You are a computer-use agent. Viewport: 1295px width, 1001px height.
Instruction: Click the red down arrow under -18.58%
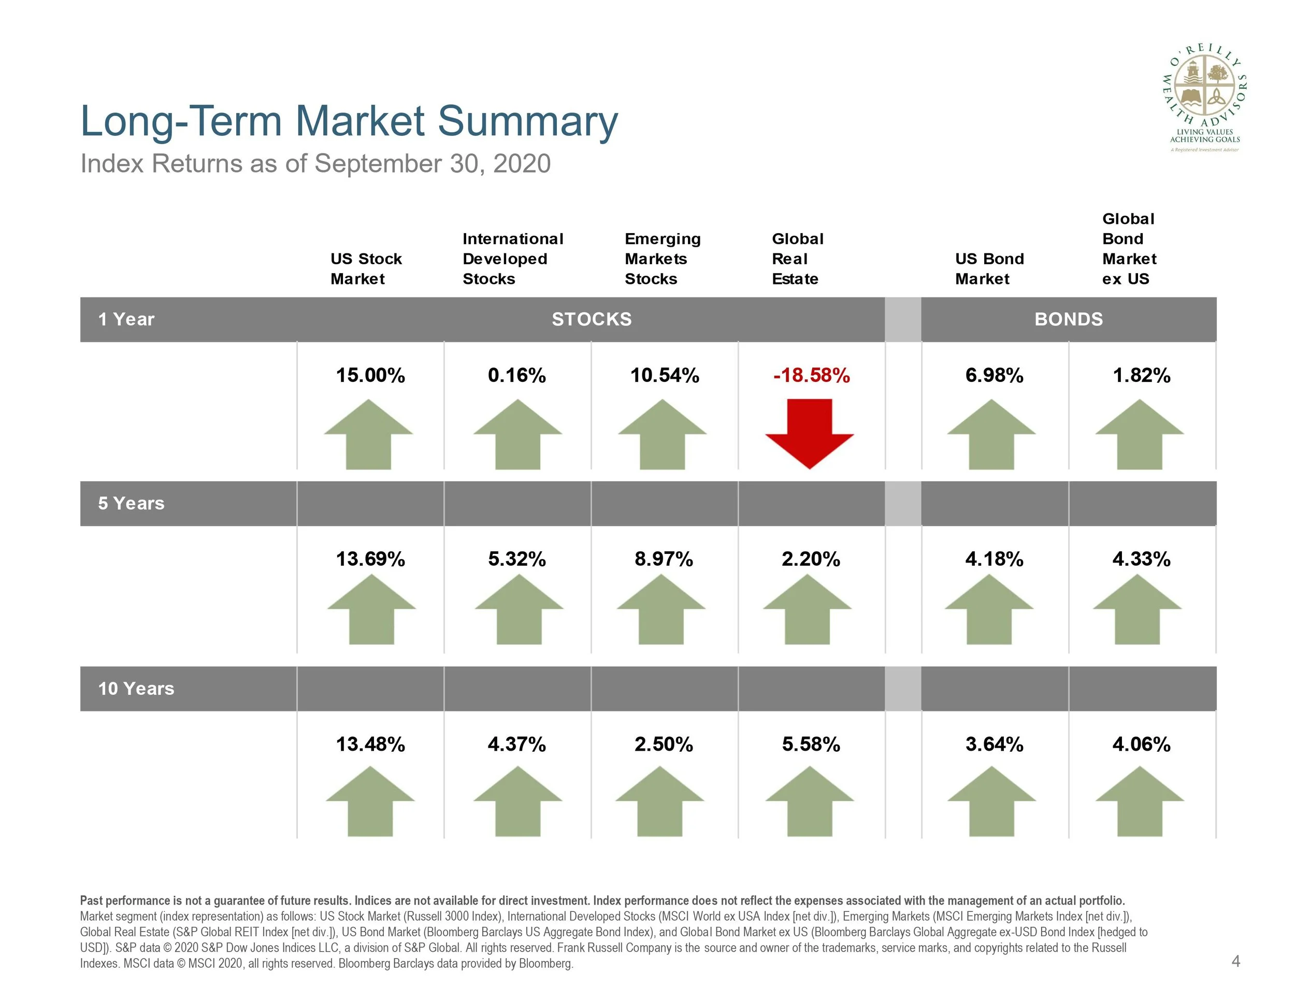coord(809,434)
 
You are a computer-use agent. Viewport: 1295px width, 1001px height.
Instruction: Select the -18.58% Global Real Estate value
coord(811,375)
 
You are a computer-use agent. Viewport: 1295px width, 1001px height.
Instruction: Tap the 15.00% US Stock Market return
coord(370,375)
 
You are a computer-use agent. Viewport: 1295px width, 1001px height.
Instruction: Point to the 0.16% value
coord(517,375)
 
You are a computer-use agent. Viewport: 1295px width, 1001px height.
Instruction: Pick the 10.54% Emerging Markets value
coord(665,375)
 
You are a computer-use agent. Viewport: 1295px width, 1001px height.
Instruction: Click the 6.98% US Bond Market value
coord(995,375)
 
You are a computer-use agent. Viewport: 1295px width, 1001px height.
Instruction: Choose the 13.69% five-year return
coord(370,559)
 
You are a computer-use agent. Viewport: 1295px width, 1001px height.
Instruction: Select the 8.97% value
coord(664,559)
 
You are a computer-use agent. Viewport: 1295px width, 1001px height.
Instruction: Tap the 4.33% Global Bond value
coord(1142,559)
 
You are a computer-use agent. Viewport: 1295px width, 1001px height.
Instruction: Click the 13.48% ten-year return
coord(370,744)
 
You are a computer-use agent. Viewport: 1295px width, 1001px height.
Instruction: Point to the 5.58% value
coord(811,744)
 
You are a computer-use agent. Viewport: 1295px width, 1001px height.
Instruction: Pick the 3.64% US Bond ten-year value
coord(995,744)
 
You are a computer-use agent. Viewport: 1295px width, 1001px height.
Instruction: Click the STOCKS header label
coord(592,320)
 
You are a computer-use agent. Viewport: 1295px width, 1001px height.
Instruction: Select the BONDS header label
coord(1069,320)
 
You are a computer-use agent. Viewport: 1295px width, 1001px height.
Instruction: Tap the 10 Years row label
coord(136,689)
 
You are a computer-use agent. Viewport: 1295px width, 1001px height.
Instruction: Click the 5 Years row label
coord(131,504)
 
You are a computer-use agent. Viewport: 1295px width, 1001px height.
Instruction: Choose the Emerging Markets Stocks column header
coord(663,259)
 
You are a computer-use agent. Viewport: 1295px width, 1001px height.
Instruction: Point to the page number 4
coord(1236,961)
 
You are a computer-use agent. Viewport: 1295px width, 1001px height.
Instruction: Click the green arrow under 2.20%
coord(807,609)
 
